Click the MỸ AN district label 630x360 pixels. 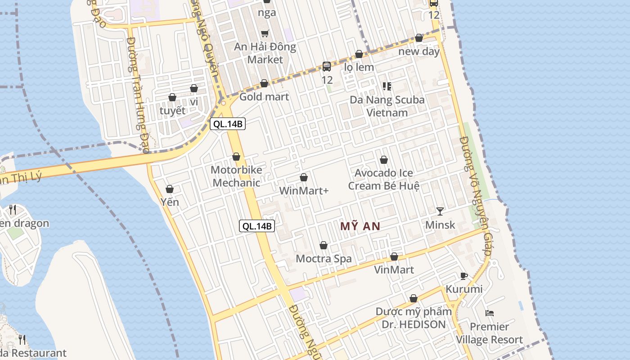[x=360, y=226]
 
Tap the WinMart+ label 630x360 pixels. [x=304, y=191]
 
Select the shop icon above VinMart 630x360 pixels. [x=394, y=256]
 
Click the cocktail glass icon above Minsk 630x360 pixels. [x=440, y=211]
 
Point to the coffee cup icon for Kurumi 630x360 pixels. [x=464, y=276]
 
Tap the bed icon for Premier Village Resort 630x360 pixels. [x=490, y=313]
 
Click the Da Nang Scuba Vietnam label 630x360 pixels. [x=387, y=106]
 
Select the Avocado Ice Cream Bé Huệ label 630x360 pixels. [x=384, y=180]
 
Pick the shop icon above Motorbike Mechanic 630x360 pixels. [x=236, y=157]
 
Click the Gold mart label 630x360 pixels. [x=264, y=97]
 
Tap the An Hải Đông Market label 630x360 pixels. [x=265, y=53]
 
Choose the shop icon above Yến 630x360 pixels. [x=170, y=189]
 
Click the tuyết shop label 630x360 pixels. [x=172, y=111]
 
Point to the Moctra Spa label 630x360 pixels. [x=324, y=259]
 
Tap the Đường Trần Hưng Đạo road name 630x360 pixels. [x=138, y=94]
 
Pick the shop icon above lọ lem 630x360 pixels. [x=359, y=54]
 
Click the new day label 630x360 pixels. [x=419, y=51]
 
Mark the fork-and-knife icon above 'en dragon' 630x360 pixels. [x=13, y=209]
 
